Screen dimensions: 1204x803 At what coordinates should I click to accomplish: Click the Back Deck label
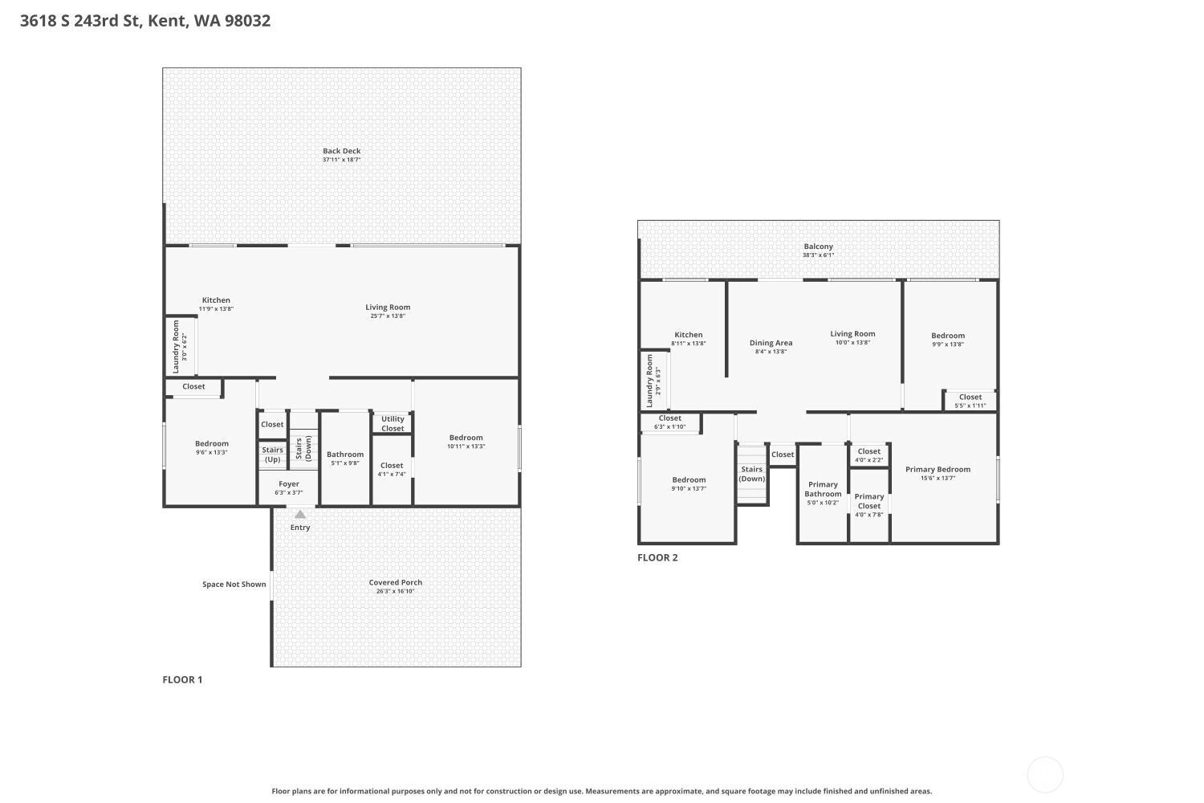[341, 151]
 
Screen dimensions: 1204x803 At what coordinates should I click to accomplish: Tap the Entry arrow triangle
[300, 515]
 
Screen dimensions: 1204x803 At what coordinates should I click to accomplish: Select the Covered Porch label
[395, 582]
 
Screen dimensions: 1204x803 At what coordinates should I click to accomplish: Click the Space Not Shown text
[234, 584]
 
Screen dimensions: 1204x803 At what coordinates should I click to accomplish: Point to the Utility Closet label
[393, 424]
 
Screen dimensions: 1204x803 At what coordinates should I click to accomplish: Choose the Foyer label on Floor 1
[289, 484]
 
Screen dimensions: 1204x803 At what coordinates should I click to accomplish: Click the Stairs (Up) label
[273, 454]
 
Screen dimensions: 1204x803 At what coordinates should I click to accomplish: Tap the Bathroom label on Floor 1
[345, 454]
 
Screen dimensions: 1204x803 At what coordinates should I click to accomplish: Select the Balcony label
[818, 247]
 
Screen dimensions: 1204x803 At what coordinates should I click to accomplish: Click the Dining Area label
[771, 343]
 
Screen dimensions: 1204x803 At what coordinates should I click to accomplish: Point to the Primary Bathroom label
[823, 489]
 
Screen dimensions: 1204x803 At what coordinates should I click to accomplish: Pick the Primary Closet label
[869, 501]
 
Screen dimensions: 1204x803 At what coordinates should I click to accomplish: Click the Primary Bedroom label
[938, 470]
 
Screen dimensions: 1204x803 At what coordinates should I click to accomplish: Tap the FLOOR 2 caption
[657, 558]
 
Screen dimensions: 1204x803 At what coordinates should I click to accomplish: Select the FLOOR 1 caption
[182, 680]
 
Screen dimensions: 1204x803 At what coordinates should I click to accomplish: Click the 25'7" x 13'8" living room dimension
[388, 316]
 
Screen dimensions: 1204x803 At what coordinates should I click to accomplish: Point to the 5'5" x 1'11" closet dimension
[970, 406]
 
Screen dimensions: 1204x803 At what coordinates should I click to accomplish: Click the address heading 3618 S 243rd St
[80, 20]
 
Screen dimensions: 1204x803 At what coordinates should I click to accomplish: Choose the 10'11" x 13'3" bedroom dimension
[466, 446]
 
